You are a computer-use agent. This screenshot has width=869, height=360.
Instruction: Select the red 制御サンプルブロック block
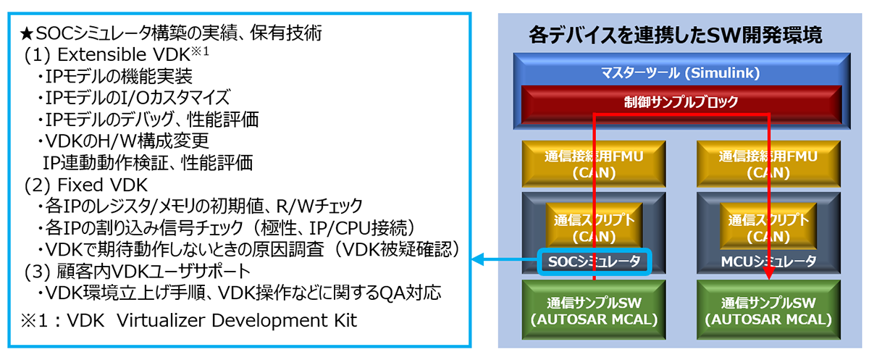[x=680, y=102]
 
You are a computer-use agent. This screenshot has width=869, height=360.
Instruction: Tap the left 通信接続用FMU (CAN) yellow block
[x=593, y=164]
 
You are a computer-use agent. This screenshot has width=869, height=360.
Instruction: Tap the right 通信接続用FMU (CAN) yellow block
[x=768, y=164]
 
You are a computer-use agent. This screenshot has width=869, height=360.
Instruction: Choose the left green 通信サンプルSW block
[x=593, y=311]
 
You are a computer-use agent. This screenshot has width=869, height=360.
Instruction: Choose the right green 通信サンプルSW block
[x=768, y=311]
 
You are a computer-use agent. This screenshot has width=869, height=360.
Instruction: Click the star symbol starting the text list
[x=27, y=33]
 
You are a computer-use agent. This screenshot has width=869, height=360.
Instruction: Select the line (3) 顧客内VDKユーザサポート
[x=137, y=272]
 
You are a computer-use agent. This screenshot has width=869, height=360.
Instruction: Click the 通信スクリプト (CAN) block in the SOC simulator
[x=593, y=227]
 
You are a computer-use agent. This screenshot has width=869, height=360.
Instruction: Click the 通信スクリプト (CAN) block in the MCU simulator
[x=768, y=227]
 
